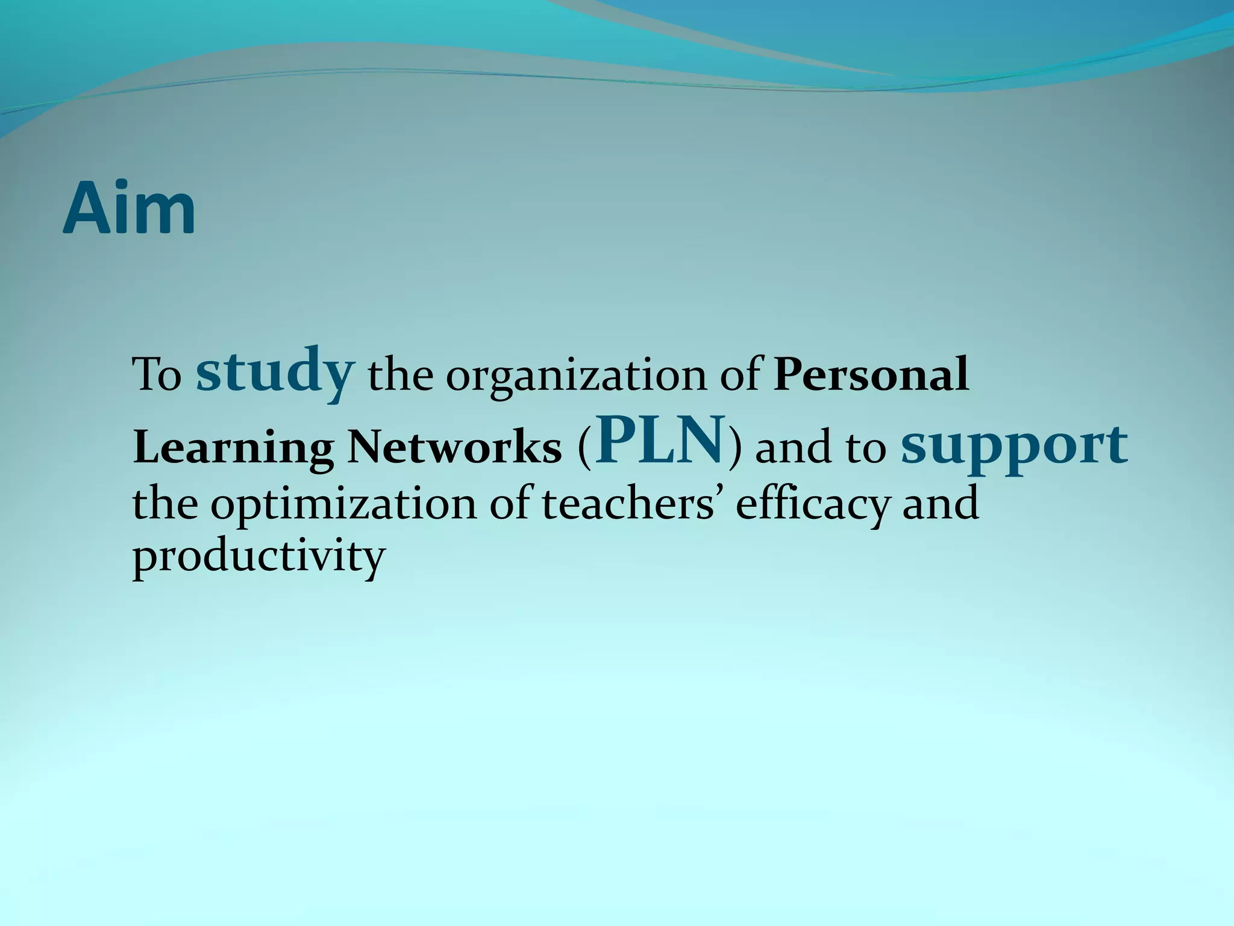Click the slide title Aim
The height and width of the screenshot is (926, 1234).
pyautogui.click(x=129, y=208)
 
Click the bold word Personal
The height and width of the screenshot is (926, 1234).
pyautogui.click(x=871, y=374)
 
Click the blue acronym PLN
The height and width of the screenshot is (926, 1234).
pyautogui.click(x=660, y=440)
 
